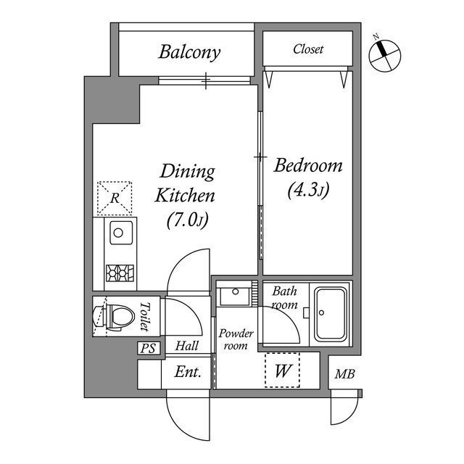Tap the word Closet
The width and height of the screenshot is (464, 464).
point(308,49)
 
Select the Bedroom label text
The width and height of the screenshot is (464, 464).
point(308,166)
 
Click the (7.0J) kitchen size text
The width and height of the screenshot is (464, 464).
point(188,219)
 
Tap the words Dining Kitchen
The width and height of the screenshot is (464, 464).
point(187,183)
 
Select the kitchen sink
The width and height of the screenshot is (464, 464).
point(117,233)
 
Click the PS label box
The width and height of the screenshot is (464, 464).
point(148,348)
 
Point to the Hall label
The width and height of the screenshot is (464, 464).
point(187,347)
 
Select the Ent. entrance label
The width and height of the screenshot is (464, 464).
point(188,373)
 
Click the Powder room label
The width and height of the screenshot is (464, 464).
point(236,339)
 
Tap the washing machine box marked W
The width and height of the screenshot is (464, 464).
point(283,371)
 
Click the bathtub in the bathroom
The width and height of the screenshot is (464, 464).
point(331,312)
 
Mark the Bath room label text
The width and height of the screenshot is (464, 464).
point(284,298)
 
